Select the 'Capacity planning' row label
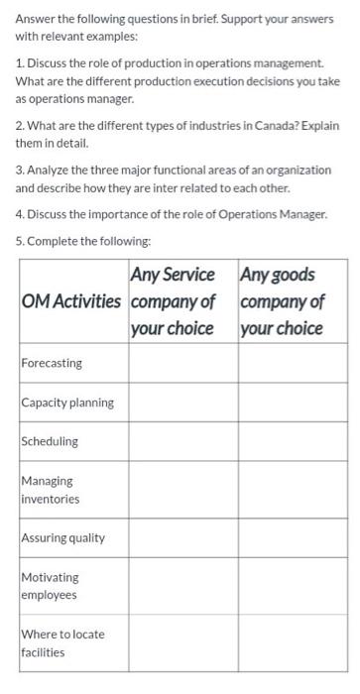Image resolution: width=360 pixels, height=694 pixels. point(67,403)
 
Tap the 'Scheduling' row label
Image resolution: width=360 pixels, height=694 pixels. point(50,441)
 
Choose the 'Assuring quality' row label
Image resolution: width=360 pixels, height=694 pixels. point(63,538)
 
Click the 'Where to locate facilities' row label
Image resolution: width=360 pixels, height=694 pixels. point(61,643)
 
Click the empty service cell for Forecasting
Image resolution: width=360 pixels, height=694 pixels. point(182,363)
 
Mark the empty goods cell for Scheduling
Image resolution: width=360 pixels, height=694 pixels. point(292,441)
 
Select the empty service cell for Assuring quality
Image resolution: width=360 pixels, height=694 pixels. point(182,538)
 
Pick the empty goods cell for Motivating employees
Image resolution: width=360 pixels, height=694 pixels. point(292,586)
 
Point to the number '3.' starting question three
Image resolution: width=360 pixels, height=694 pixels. point(19,171)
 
